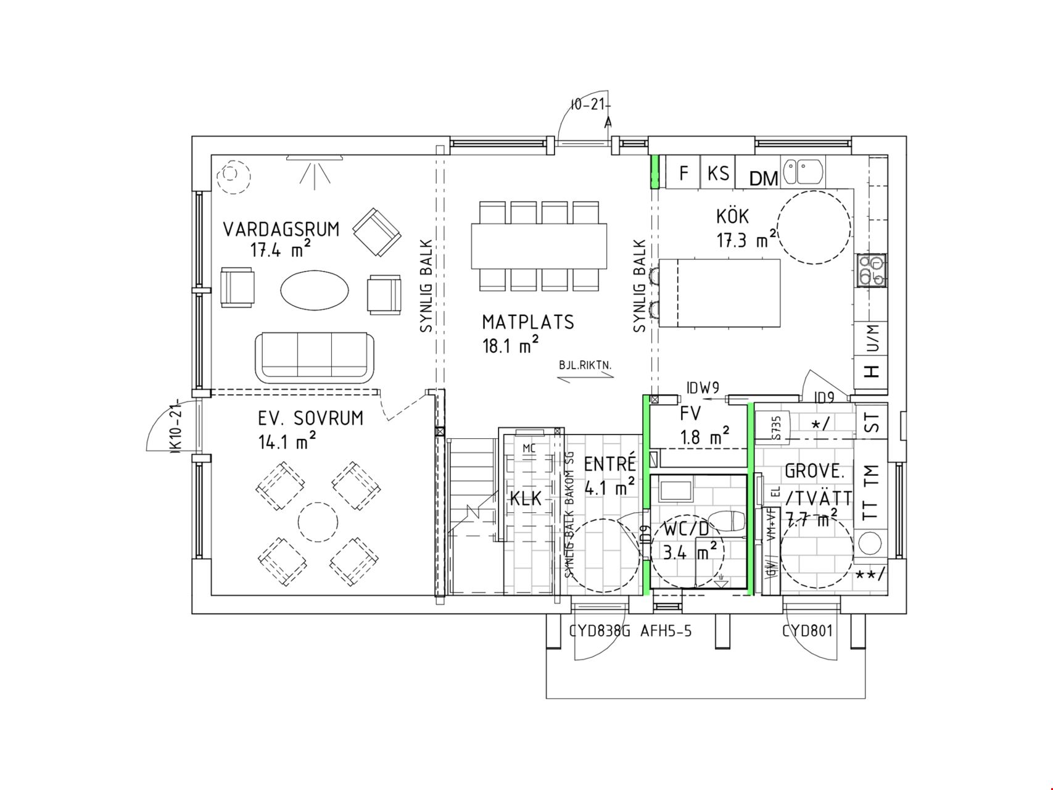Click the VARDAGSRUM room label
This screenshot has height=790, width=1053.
pyautogui.click(x=281, y=230)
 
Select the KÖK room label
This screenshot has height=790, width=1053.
pyautogui.click(x=732, y=217)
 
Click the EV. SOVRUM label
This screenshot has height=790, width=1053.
pyautogui.click(x=310, y=418)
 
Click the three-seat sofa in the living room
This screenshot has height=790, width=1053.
pyautogui.click(x=315, y=357)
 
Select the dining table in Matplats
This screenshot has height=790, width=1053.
pyautogui.click(x=539, y=246)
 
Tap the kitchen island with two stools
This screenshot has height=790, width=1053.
pyautogui.click(x=719, y=293)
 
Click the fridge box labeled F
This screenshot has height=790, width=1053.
pyautogui.click(x=683, y=173)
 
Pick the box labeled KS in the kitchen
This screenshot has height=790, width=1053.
pyautogui.click(x=718, y=173)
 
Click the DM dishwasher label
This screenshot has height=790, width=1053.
pyautogui.click(x=764, y=179)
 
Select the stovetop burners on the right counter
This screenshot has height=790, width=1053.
pyautogui.click(x=871, y=270)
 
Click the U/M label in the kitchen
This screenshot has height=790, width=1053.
pyautogui.click(x=872, y=339)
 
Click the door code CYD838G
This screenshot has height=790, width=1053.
pyautogui.click(x=599, y=631)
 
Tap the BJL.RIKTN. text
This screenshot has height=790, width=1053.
pyautogui.click(x=585, y=365)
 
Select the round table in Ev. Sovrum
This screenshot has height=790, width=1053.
pyautogui.click(x=318, y=522)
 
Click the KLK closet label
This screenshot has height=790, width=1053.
pyautogui.click(x=526, y=498)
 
